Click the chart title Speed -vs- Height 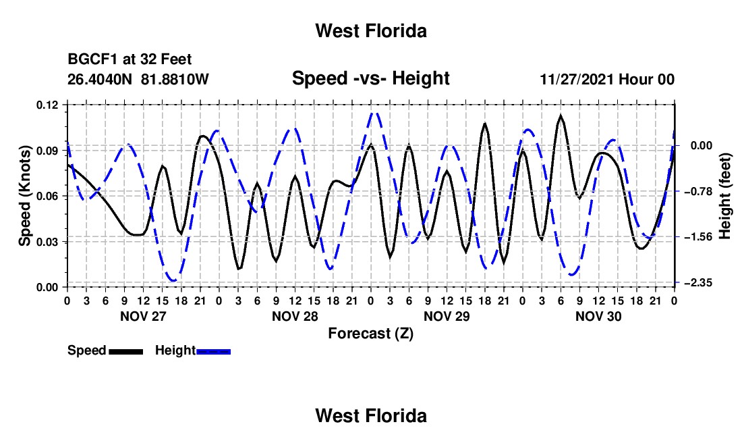[370, 78]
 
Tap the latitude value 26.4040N [100, 79]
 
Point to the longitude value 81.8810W [175, 79]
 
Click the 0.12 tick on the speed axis [49, 105]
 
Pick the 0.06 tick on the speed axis [49, 196]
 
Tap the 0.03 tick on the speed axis [49, 242]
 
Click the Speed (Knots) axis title [24, 196]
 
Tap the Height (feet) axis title [724, 196]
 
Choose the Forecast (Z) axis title [370, 334]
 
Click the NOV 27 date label [144, 316]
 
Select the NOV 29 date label [447, 316]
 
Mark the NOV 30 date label [598, 316]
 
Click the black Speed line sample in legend [126, 351]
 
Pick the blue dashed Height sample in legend [213, 351]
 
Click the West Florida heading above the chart [371, 31]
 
